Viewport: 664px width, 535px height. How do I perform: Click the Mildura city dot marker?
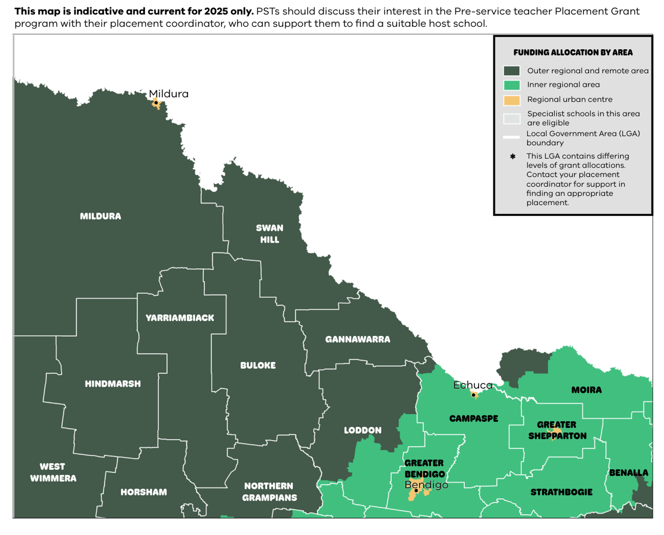click(156, 103)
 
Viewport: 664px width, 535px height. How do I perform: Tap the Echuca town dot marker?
click(473, 395)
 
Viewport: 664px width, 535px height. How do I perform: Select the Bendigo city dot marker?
click(416, 491)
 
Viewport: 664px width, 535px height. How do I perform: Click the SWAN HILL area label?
click(269, 234)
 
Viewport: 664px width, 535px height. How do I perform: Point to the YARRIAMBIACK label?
click(180, 318)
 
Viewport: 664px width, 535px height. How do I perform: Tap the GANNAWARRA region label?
click(358, 339)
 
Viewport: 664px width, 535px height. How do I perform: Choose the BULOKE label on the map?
click(258, 365)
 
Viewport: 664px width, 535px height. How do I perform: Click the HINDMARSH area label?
click(113, 384)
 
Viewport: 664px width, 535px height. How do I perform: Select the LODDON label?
click(363, 431)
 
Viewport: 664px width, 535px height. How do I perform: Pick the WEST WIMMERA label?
click(53, 472)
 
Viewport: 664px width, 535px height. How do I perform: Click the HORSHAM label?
click(144, 492)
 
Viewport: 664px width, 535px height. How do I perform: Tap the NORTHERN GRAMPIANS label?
click(269, 492)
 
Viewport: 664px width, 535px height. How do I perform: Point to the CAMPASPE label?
click(473, 418)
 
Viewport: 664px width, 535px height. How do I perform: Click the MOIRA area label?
click(586, 390)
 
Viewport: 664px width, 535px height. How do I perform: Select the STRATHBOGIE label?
click(561, 492)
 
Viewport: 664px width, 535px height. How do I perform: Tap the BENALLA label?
click(629, 473)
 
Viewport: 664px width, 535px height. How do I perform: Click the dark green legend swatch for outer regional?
click(511, 71)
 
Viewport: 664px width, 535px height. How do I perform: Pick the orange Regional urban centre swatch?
click(511, 100)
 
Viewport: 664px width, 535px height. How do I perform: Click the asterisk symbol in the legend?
click(513, 156)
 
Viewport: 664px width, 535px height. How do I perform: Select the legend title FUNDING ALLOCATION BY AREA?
click(573, 53)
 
